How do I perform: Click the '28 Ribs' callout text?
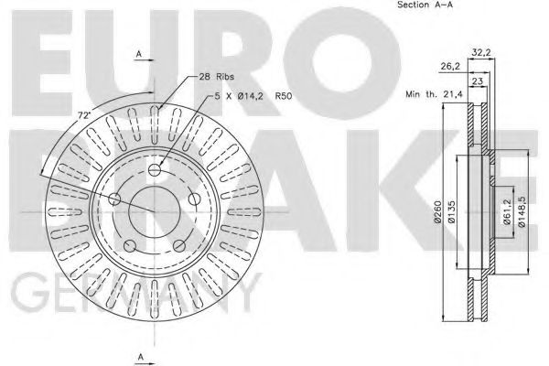[x=216, y=76]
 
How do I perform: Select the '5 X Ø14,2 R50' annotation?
[x=253, y=95]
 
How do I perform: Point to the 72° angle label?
[x=84, y=115]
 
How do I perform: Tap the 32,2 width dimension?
[x=481, y=52]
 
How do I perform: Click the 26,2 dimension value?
[x=450, y=66]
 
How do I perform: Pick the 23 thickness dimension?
[x=478, y=81]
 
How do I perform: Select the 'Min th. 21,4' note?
[x=434, y=94]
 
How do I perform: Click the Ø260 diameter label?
[x=437, y=211]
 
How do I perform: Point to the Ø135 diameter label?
[x=451, y=211]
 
